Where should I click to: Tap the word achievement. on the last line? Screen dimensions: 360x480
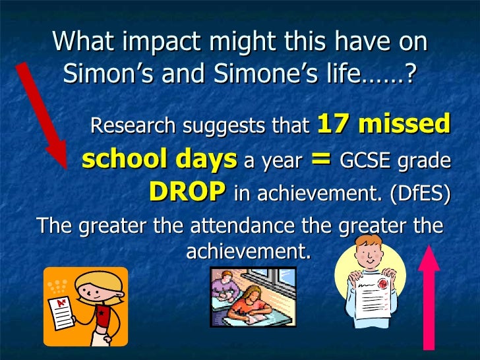coord(248,251)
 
